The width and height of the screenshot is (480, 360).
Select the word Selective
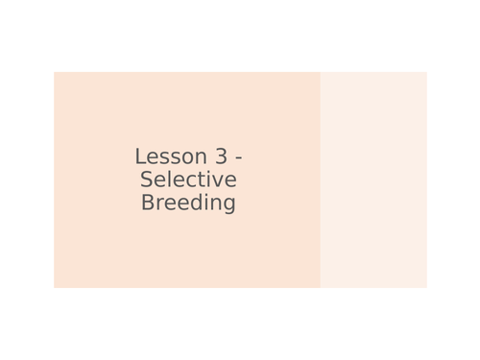[188, 180]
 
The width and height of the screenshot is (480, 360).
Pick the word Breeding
[188, 204]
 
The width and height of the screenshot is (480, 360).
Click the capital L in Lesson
[140, 156]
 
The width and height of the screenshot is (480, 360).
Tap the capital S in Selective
[147, 180]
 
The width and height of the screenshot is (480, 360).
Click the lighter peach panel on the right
[373, 180]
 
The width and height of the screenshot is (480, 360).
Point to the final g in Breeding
[228, 205]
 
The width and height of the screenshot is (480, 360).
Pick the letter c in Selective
[189, 181]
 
